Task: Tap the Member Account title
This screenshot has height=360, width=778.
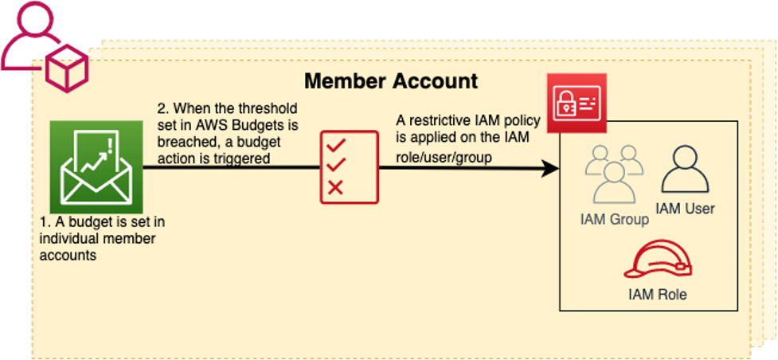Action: (391, 81)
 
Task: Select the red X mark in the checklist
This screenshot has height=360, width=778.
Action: (335, 188)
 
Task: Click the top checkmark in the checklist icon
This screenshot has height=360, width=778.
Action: (335, 145)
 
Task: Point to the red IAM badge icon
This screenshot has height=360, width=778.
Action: (576, 103)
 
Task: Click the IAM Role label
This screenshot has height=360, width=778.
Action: (656, 295)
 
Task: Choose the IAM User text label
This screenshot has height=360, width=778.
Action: (685, 209)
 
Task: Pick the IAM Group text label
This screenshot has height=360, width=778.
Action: (614, 219)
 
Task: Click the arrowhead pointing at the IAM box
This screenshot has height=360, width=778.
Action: (549, 168)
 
